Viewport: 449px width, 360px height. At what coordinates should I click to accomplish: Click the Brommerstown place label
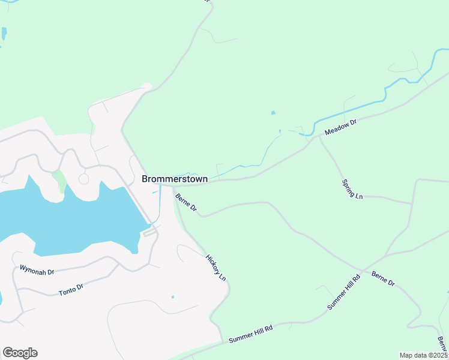click(175, 179)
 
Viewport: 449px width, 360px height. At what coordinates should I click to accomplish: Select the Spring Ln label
click(352, 189)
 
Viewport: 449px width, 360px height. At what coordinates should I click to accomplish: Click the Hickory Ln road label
click(215, 268)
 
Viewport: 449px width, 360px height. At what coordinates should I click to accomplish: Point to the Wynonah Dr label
click(37, 269)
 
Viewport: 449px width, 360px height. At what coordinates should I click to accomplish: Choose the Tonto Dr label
click(71, 290)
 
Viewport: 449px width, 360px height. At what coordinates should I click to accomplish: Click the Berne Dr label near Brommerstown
click(186, 202)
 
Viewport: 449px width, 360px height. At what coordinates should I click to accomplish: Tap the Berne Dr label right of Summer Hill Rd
click(383, 278)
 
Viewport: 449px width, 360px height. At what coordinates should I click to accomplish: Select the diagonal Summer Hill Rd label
click(343, 292)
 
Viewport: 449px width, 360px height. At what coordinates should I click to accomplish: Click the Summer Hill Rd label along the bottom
click(251, 334)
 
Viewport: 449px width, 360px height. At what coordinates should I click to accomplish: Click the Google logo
click(20, 353)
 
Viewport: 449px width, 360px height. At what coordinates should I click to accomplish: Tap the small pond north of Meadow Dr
click(274, 112)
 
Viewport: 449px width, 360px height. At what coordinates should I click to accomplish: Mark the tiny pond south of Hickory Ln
click(172, 296)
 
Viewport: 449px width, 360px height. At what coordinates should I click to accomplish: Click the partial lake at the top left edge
click(3, 33)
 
